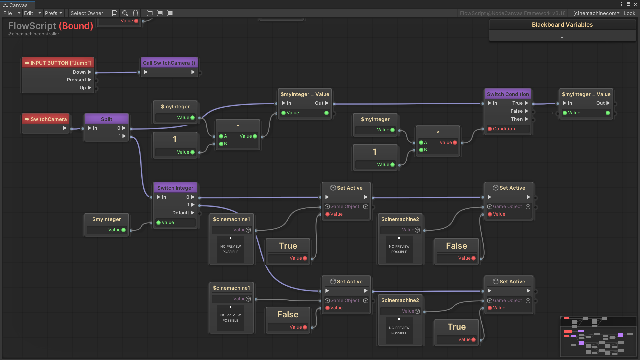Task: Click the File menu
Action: (8, 13)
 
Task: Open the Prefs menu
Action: (53, 13)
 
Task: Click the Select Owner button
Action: (87, 13)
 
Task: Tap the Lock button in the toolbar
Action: (629, 13)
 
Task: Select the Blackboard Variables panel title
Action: (562, 25)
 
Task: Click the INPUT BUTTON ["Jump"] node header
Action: (58, 63)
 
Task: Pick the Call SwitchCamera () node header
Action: (169, 63)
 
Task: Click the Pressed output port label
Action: (76, 80)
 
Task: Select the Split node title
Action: (106, 119)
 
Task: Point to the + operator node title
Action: (238, 125)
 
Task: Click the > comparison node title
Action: (438, 132)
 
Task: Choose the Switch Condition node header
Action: (508, 94)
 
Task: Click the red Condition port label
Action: (504, 129)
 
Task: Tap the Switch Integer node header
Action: (175, 188)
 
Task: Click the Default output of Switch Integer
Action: (181, 213)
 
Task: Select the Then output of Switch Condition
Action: (517, 119)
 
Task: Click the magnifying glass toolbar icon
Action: (125, 13)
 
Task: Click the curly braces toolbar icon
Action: (135, 13)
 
